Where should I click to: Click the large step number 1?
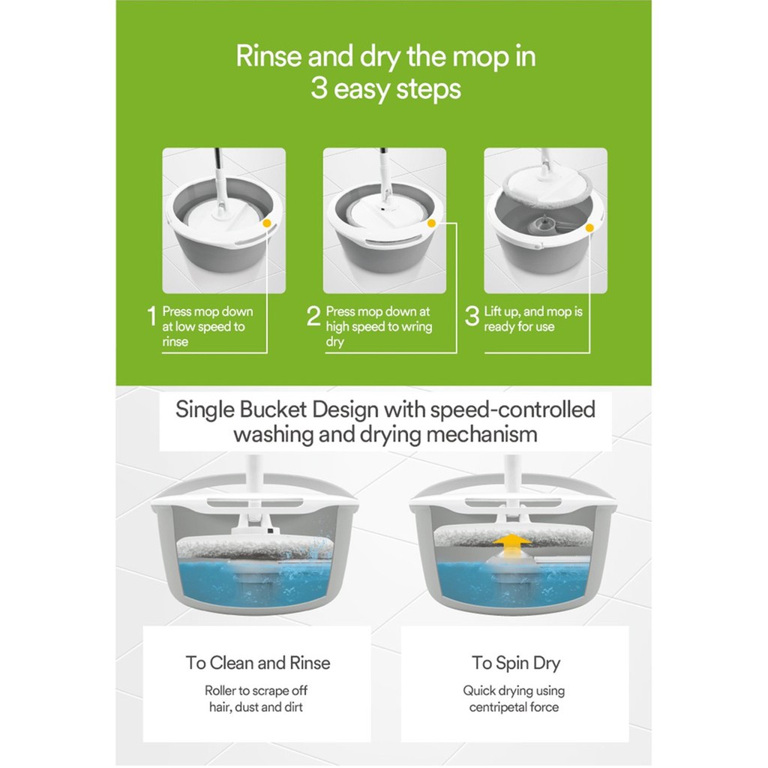pos(151,316)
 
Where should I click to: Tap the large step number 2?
pos(313,316)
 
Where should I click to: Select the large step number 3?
pos(472,316)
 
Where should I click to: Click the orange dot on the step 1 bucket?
pos(267,223)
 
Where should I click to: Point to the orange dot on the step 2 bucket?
pos(431,223)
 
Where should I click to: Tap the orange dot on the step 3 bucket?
pos(589,228)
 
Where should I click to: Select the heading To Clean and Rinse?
pos(258,663)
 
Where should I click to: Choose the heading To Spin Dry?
pos(516,663)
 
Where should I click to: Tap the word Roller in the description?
pos(220,691)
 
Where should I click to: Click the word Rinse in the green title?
pos(268,56)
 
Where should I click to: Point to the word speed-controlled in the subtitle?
pos(512,409)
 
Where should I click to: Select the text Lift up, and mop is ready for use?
pos(533,319)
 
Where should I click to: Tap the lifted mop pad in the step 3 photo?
pos(548,186)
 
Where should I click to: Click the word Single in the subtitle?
pos(205,410)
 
